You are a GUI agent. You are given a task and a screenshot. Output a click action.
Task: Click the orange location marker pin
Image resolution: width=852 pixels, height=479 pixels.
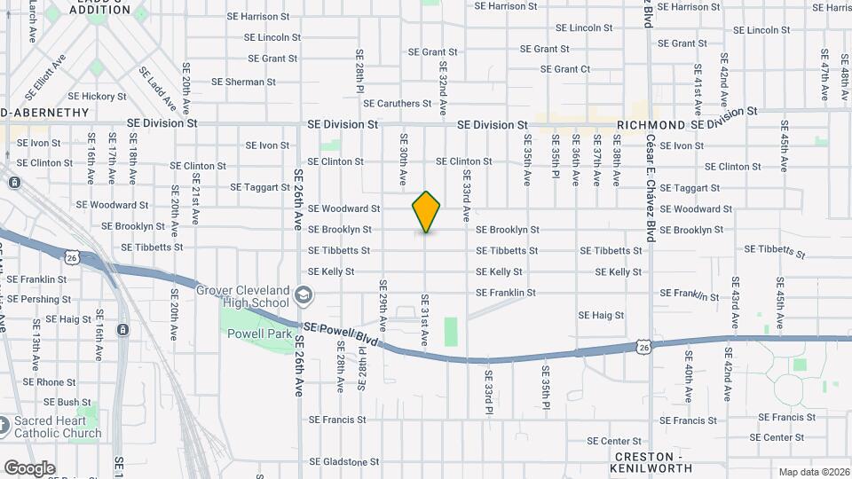pyautogui.click(x=426, y=211)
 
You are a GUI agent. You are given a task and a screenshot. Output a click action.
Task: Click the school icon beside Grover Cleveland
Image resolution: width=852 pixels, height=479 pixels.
pyautogui.click(x=304, y=294)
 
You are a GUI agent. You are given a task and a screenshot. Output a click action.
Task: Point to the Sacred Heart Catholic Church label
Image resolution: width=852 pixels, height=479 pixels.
pyautogui.click(x=58, y=427)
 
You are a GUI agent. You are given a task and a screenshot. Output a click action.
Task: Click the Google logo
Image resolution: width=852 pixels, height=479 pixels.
pyautogui.click(x=29, y=468)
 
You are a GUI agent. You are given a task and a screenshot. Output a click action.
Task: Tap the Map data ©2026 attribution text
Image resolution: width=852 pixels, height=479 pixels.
pyautogui.click(x=813, y=472)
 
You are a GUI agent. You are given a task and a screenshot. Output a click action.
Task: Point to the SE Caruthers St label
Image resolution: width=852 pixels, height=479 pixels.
pyautogui.click(x=397, y=104)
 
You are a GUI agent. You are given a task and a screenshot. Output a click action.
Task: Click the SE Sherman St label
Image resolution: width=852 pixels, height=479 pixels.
pyautogui.click(x=244, y=82)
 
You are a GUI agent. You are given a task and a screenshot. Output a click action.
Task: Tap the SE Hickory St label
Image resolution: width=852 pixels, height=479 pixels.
pyautogui.click(x=97, y=96)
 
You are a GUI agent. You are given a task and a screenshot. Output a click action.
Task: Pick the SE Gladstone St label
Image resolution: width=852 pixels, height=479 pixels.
pyautogui.click(x=343, y=462)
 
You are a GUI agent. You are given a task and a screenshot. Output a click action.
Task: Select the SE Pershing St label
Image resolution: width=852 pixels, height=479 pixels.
pyautogui.click(x=39, y=299)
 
